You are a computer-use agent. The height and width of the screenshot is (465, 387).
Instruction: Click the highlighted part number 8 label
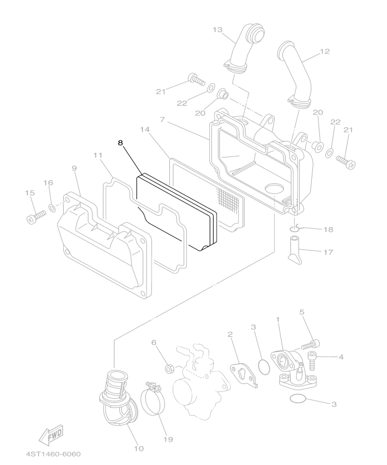pos(120,143)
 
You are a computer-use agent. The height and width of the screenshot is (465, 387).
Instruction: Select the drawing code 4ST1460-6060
pos(54,454)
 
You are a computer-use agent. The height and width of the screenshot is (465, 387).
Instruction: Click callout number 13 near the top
pos(218,30)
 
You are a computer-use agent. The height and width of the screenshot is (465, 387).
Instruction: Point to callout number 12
pos(325,51)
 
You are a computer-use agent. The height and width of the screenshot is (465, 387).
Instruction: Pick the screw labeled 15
pos(35,216)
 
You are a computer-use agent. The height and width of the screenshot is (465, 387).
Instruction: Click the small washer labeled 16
pos(52,208)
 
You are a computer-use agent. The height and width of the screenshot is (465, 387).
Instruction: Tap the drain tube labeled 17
pos(295,250)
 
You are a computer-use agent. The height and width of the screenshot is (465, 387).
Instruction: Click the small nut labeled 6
pos(169,369)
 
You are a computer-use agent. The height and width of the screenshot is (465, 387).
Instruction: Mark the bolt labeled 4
pos(312,360)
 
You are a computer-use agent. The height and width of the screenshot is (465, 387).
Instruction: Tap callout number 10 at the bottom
pos(138,448)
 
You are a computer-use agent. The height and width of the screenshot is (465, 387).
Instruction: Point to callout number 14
pos(145,130)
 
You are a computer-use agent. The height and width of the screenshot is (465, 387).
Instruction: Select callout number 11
pos(98,155)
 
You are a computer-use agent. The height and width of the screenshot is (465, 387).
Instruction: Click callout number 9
pos(74,168)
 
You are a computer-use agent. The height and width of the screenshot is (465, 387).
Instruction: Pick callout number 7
pos(162,119)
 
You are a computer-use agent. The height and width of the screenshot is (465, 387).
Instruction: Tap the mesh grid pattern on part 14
pos(228,198)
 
